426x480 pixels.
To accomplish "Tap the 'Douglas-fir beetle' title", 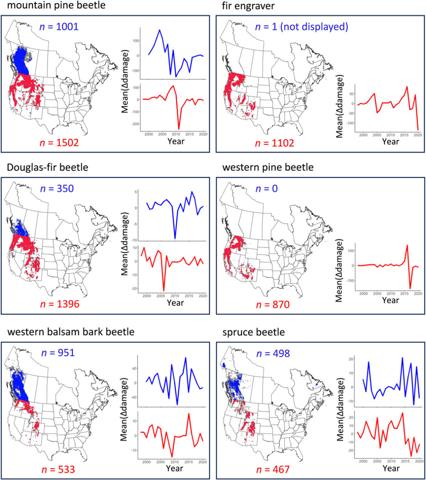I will [x=48, y=167].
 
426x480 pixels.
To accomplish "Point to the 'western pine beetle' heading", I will [x=268, y=167].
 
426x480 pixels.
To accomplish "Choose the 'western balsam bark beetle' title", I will [x=71, y=331].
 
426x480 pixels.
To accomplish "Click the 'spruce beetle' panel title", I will [x=253, y=332].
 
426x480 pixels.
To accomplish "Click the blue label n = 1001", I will [x=59, y=27].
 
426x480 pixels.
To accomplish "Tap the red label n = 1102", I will [x=275, y=142].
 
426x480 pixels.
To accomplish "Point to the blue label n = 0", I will [x=266, y=188].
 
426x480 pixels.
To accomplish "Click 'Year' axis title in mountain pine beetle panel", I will [x=175, y=141].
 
